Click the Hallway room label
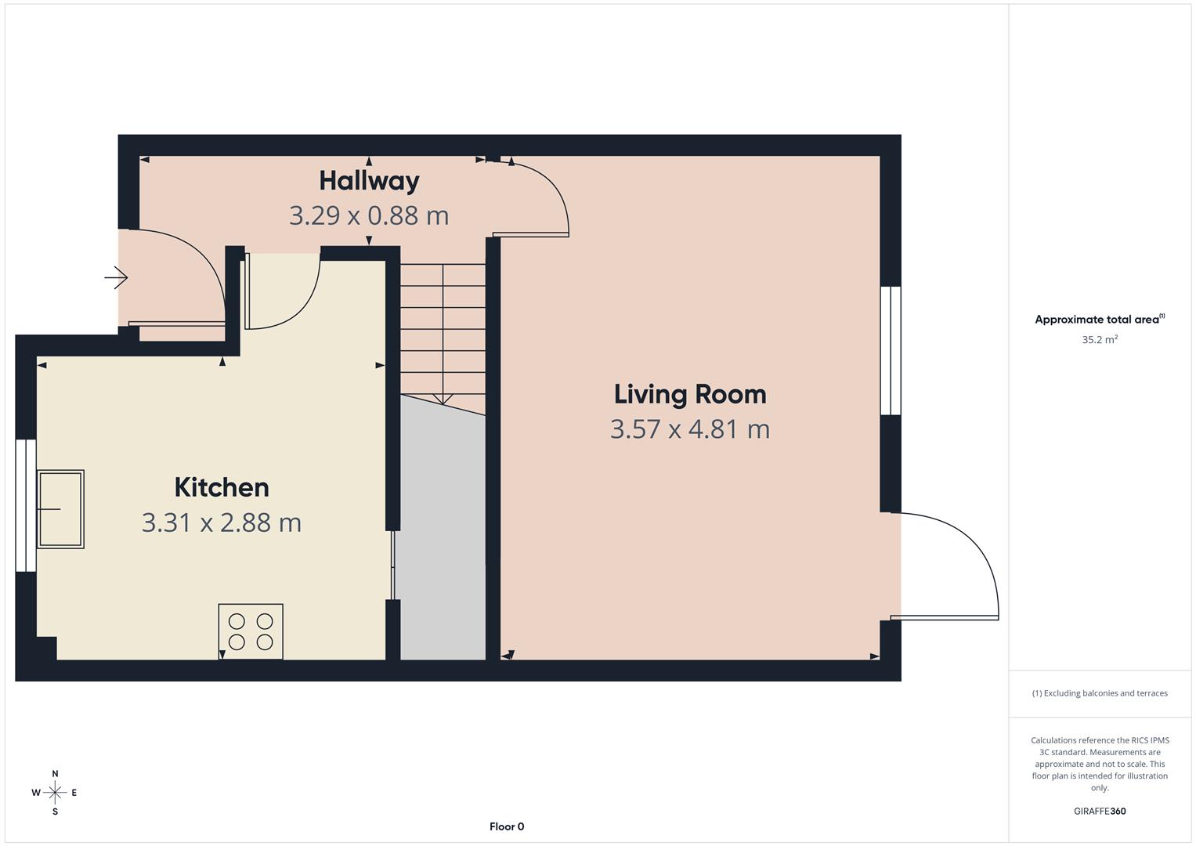click(x=369, y=181)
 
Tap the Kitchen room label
click(x=222, y=487)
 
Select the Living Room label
click(x=690, y=394)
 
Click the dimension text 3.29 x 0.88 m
click(x=369, y=215)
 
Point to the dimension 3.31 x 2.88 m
click(x=222, y=522)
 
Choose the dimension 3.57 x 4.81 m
click(x=690, y=429)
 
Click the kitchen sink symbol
click(x=60, y=509)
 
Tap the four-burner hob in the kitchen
click(x=251, y=631)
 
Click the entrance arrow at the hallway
click(x=116, y=277)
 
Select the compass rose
click(x=55, y=793)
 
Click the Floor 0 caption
click(x=507, y=826)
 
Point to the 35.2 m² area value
click(x=1100, y=340)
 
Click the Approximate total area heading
click(x=1100, y=320)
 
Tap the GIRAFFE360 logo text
click(x=1100, y=812)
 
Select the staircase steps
click(x=443, y=329)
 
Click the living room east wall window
click(x=891, y=350)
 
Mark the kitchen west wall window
click(x=26, y=505)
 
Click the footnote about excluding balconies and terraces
click(x=1100, y=693)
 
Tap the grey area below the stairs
click(x=443, y=548)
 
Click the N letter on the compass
click(x=55, y=774)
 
